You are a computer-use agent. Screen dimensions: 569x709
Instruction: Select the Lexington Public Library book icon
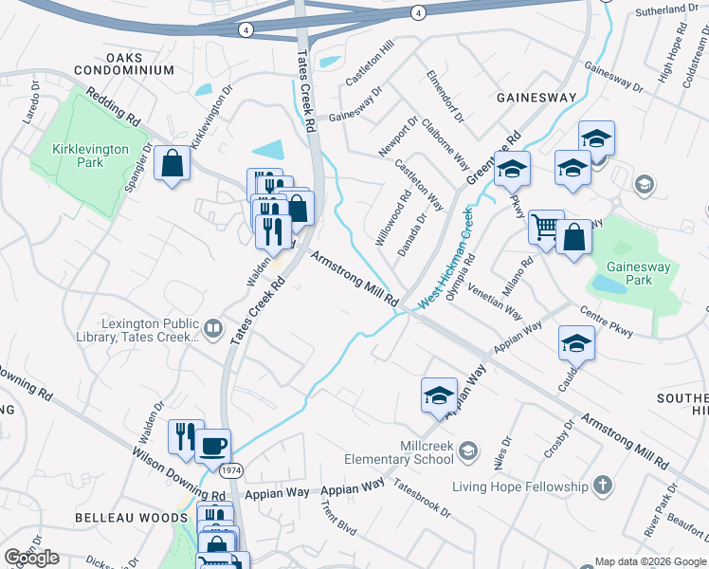click(214, 329)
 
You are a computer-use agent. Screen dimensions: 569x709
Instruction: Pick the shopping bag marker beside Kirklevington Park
click(172, 163)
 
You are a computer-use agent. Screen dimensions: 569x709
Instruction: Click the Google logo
click(31, 558)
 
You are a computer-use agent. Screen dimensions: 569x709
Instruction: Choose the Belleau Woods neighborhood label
click(134, 518)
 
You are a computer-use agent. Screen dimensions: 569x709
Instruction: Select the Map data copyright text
click(650, 561)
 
